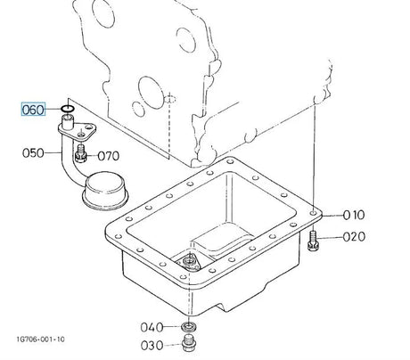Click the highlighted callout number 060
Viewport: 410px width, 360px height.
tap(33, 110)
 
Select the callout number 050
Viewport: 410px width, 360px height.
tap(33, 153)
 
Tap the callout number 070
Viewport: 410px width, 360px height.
tap(109, 156)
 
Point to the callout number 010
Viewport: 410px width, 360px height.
tap(354, 215)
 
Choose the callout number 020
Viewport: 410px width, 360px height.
tap(354, 237)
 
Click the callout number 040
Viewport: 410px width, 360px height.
tap(152, 327)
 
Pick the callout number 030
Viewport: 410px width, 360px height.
tap(152, 346)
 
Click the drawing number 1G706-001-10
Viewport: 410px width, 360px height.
tap(41, 340)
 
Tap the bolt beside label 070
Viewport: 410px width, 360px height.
tap(80, 153)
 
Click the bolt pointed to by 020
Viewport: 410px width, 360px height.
tap(313, 241)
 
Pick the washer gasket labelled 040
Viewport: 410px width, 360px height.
tap(188, 327)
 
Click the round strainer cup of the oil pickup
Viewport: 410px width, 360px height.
tap(105, 191)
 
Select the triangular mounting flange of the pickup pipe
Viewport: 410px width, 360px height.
tap(78, 131)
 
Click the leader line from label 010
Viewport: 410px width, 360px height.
tap(332, 216)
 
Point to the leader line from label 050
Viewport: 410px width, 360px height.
tap(53, 153)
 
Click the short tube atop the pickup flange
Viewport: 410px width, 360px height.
tap(67, 122)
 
